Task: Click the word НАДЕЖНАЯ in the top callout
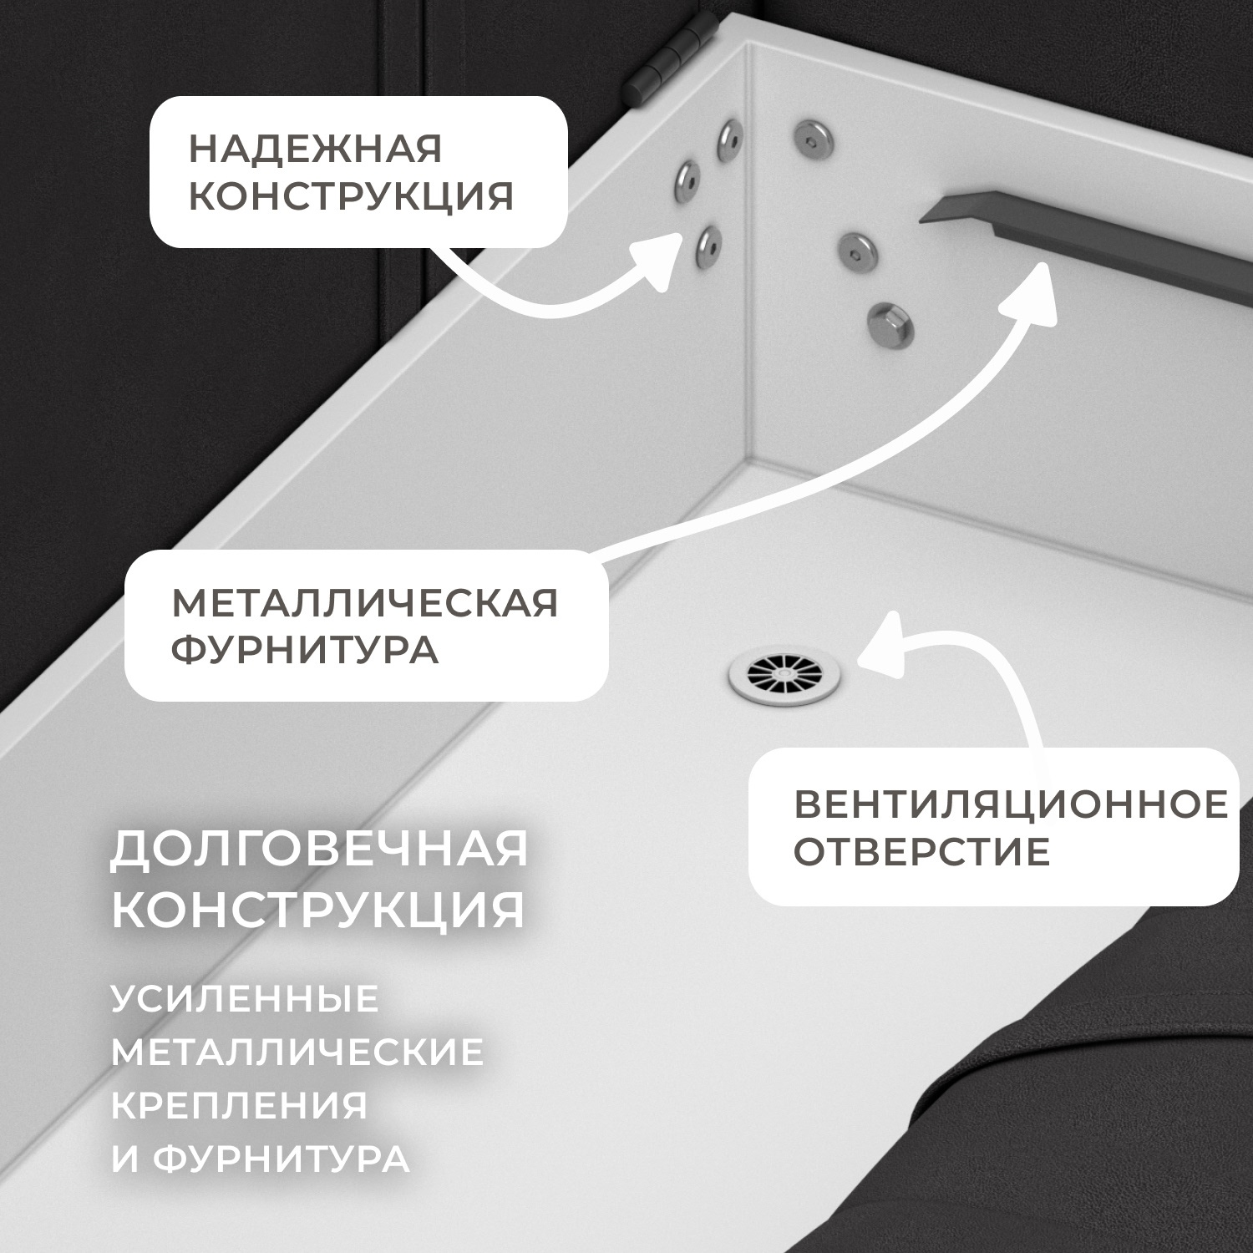point(315,150)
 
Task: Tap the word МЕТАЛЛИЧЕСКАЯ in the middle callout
point(365,602)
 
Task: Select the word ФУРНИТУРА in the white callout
point(305,649)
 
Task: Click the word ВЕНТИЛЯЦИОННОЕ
point(1011,804)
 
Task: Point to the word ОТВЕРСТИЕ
point(921,852)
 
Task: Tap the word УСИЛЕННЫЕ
point(246,999)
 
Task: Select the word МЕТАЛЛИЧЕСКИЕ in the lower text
point(297,1052)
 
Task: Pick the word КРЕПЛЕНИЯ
point(240,1105)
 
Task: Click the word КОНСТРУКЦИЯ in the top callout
point(351,197)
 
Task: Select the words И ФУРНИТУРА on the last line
point(261,1159)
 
